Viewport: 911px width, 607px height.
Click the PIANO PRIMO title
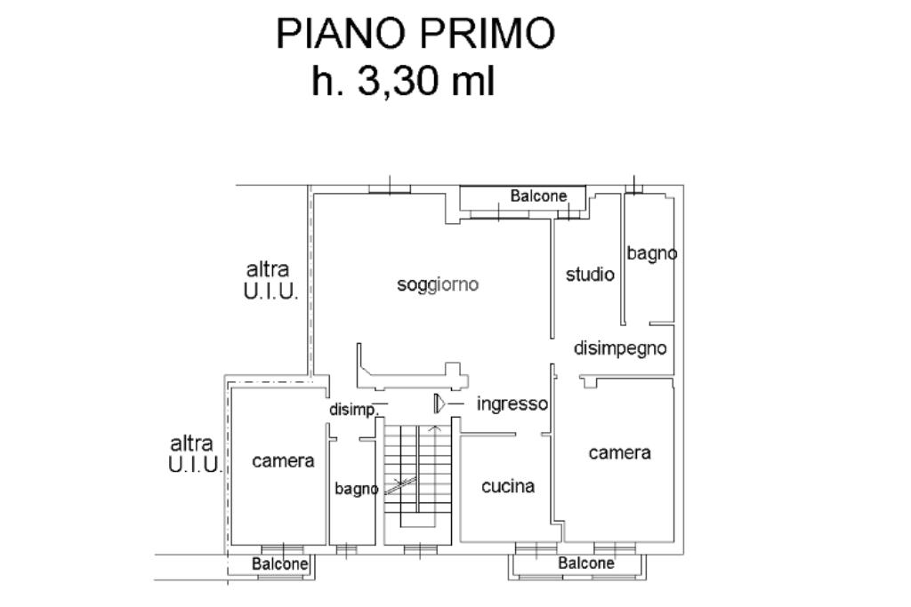(x=415, y=34)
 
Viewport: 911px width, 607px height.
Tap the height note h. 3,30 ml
(x=403, y=82)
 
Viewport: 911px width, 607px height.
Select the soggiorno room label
(x=438, y=284)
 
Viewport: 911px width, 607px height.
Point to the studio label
(x=590, y=275)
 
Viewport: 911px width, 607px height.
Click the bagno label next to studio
(x=652, y=253)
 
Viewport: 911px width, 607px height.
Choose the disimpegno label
(x=620, y=348)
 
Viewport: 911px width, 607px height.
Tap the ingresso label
(x=512, y=403)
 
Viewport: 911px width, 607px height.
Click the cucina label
(x=508, y=486)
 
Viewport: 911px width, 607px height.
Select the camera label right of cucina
(x=620, y=452)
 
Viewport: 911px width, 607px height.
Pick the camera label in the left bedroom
(x=283, y=460)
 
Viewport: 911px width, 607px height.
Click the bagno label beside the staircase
(x=356, y=489)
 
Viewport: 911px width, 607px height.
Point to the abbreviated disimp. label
(x=352, y=410)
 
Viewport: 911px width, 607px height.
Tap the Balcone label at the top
(x=538, y=196)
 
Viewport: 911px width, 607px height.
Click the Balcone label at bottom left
(x=279, y=563)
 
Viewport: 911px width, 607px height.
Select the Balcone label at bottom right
(x=586, y=563)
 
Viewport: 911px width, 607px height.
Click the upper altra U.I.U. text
(x=270, y=280)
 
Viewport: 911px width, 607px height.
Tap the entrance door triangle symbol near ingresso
(x=439, y=403)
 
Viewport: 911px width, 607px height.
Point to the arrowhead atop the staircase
(x=434, y=428)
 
